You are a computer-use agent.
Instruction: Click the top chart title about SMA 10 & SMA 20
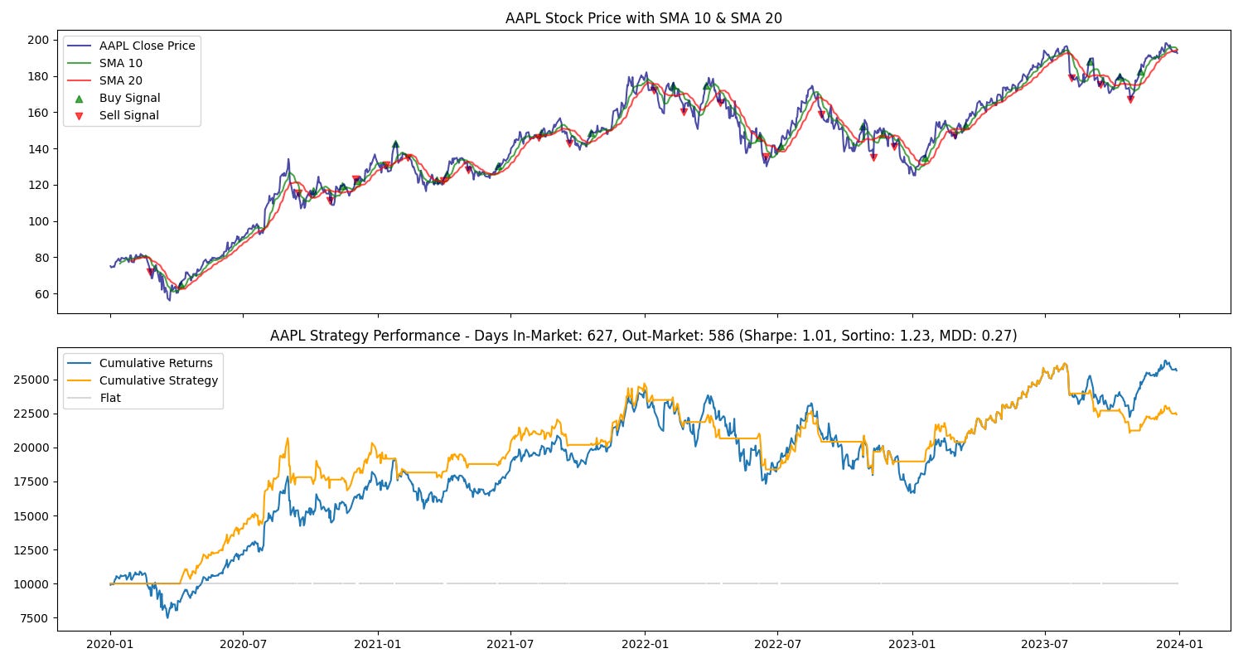coord(643,18)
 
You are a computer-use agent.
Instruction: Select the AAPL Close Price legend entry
coord(147,46)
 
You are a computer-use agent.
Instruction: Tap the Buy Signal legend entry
coord(129,98)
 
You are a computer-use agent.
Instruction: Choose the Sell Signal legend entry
coord(129,115)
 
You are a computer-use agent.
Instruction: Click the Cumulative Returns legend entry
coord(155,363)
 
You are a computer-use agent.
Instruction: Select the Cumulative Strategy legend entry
coord(158,380)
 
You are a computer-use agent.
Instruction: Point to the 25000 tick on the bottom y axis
coord(33,380)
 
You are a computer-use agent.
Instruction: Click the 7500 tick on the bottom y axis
coord(36,618)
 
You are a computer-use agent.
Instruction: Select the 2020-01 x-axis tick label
coord(110,644)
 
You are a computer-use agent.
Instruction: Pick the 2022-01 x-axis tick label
coord(645,644)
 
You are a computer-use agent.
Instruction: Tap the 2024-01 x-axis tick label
coord(1179,644)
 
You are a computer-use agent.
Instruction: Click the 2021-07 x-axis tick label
coord(510,644)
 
